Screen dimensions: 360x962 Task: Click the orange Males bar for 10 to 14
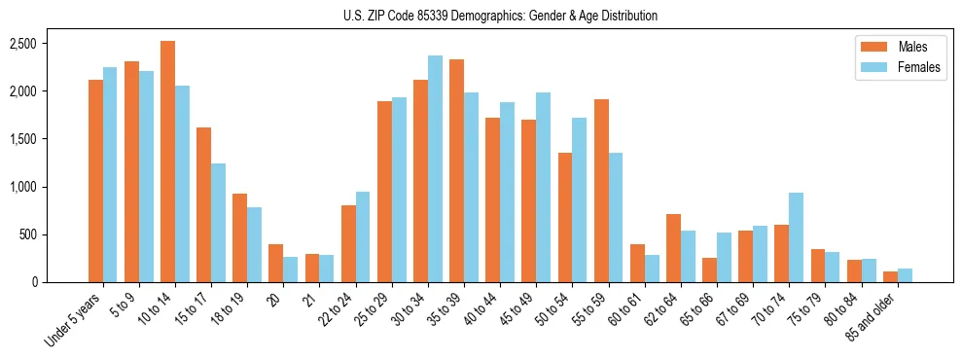(167, 162)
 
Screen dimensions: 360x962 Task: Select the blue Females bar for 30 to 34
(435, 169)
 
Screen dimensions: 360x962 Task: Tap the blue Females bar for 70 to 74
(796, 237)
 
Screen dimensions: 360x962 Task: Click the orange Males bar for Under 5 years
(95, 181)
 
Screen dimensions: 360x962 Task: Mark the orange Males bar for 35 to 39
(456, 171)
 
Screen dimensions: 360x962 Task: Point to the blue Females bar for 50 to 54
(579, 200)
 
